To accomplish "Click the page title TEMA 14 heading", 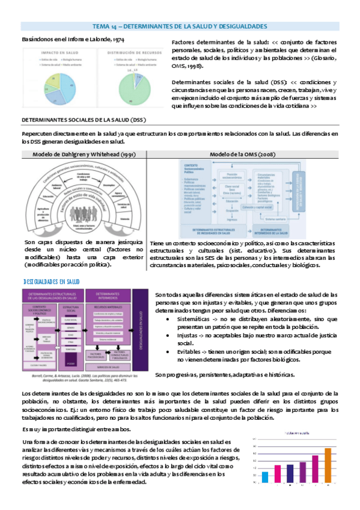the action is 180,28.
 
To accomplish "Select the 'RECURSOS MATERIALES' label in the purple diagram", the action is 108,307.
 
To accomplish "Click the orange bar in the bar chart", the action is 328,465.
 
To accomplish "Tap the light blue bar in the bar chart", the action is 265,476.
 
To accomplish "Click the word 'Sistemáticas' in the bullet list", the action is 197,318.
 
